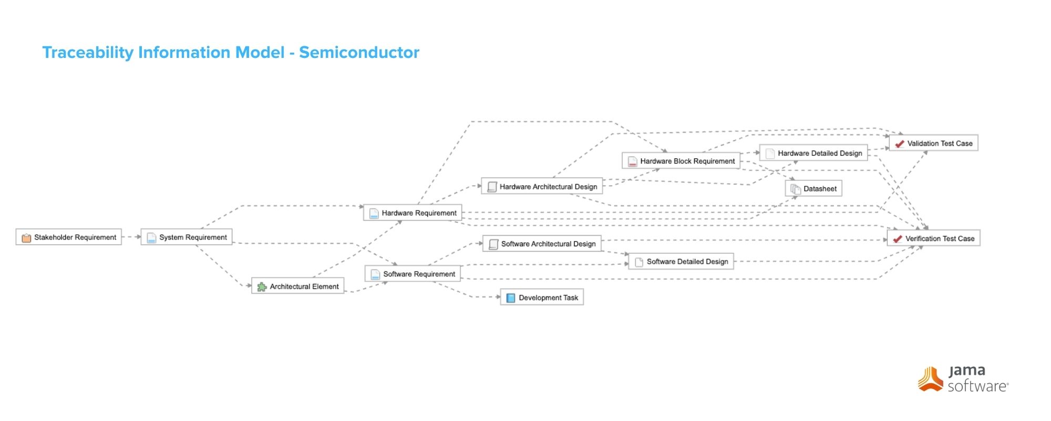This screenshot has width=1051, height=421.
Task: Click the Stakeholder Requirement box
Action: point(69,237)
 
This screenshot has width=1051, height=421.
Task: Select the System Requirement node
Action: point(187,237)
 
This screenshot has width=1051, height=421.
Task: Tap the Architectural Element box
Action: point(298,286)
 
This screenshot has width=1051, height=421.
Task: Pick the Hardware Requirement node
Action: point(413,213)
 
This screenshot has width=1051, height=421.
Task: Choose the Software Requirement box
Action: point(413,274)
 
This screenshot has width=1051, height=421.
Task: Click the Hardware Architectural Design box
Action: point(542,187)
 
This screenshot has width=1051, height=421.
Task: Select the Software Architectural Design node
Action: point(542,244)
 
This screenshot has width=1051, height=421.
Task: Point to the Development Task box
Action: point(542,298)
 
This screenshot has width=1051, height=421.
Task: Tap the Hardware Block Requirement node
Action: point(681,161)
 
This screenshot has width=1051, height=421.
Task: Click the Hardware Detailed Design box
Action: point(813,153)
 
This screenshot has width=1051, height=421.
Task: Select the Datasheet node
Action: point(813,189)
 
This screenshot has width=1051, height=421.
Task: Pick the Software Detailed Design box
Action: point(681,262)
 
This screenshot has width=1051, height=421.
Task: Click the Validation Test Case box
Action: point(933,143)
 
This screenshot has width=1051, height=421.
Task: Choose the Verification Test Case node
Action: point(933,238)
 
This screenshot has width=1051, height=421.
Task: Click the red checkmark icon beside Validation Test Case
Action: point(900,144)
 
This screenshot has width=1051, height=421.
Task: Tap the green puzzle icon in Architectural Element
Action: point(262,287)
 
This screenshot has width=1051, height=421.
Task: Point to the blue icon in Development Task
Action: point(510,298)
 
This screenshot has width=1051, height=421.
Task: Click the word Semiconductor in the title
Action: point(359,53)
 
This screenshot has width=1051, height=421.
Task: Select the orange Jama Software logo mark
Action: point(931,379)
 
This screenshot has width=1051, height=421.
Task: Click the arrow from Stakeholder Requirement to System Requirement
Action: point(131,237)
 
